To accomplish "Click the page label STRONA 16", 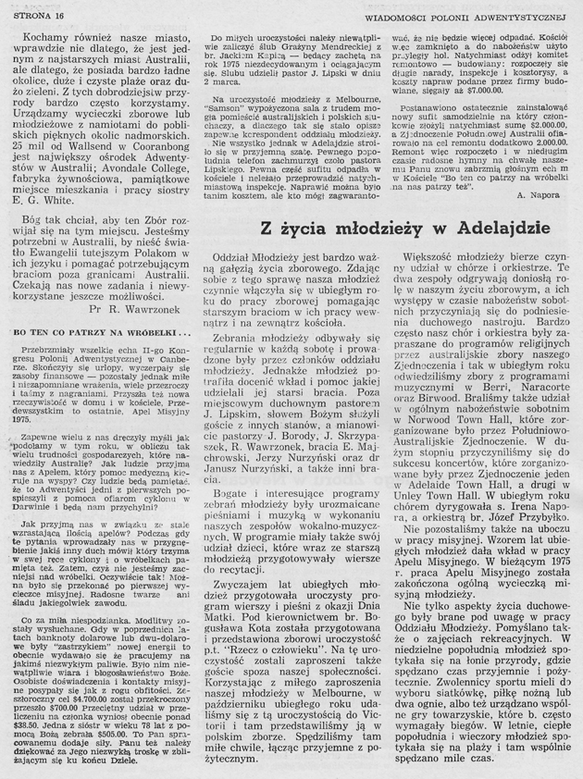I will (x=35, y=12).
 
